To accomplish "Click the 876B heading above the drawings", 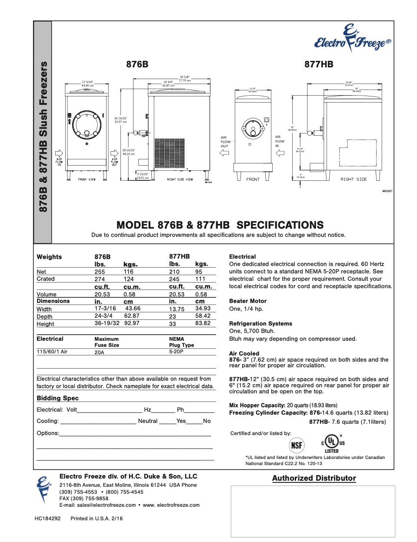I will coord(137,64).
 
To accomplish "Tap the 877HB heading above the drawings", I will coord(319,64).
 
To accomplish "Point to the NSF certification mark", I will coord(297,445).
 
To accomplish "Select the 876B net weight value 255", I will coord(100,272).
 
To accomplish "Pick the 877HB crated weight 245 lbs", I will coord(174,279).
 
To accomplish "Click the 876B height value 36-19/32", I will coord(107,323).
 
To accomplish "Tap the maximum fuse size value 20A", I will coord(99,352).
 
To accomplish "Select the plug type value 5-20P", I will coord(176,352).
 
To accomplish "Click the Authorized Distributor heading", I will coord(314,478).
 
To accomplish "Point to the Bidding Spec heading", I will coord(57,398).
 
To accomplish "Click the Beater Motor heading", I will coord(247,301).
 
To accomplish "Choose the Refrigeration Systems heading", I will coord(260,323).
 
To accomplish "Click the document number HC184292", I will coord(48,519).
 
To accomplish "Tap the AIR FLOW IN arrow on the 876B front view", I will coord(59,153).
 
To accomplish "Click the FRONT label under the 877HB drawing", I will coord(253,180).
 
